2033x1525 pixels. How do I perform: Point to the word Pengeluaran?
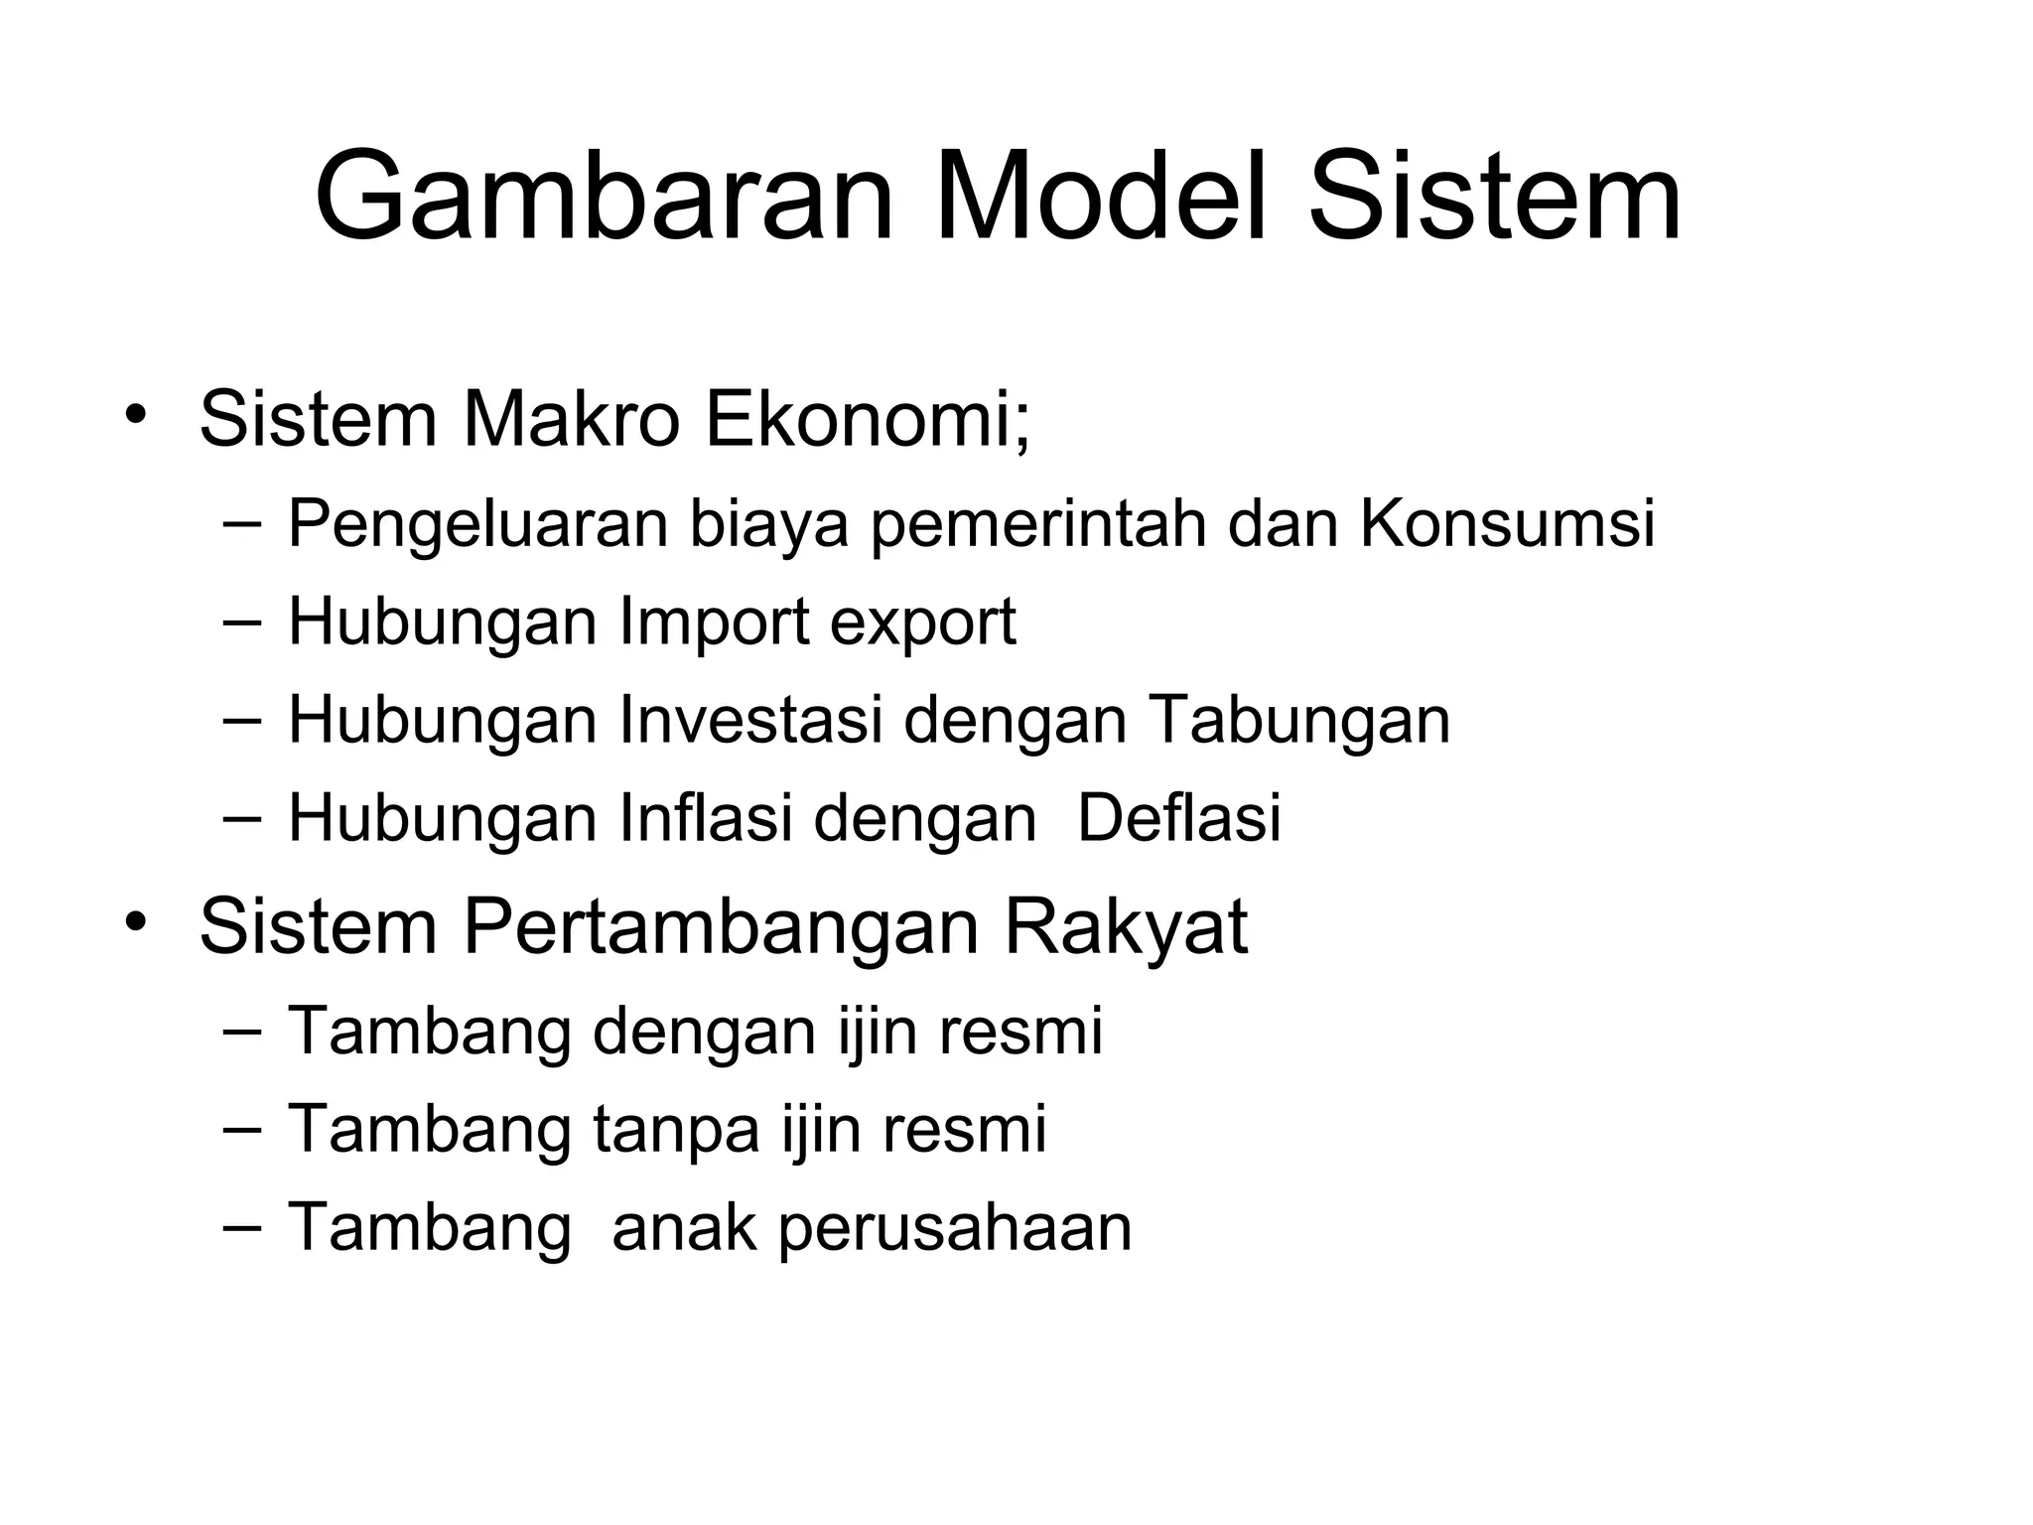point(477,524)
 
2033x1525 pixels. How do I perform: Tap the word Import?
point(714,624)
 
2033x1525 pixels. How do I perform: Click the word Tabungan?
point(1299,721)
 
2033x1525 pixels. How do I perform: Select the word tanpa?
point(677,1132)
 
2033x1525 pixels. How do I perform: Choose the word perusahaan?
point(955,1229)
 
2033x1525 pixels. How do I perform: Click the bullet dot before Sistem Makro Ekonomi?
point(136,415)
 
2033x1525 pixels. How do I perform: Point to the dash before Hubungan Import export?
point(242,622)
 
